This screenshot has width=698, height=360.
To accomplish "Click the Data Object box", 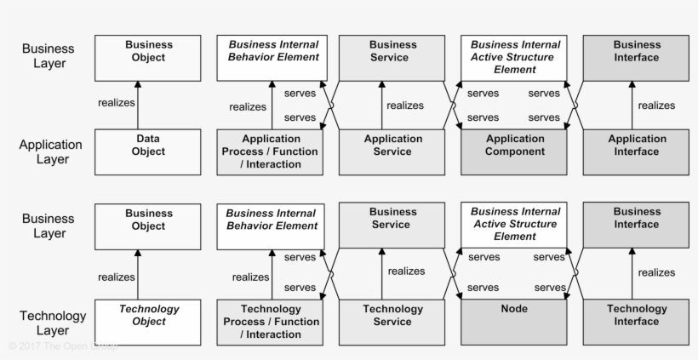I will (x=148, y=151).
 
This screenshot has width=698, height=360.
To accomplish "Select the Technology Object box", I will (x=148, y=322).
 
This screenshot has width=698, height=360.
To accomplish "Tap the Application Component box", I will (x=513, y=151).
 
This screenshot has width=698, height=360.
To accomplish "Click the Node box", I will (x=513, y=322).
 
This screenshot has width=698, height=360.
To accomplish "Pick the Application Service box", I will (x=392, y=151).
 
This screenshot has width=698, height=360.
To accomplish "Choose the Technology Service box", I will (x=392, y=322).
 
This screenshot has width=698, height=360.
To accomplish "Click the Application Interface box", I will (x=636, y=151).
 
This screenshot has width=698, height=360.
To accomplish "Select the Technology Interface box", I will (x=636, y=322).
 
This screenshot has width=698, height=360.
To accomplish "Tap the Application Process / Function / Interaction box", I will (x=270, y=151).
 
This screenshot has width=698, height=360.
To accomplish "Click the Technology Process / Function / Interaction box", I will (x=270, y=322).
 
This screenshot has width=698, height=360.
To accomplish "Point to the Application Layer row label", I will (x=50, y=151).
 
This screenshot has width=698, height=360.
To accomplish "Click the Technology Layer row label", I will (x=50, y=323).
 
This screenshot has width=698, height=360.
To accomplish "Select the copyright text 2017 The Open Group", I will (x=63, y=346).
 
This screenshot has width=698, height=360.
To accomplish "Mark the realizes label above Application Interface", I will (x=655, y=106).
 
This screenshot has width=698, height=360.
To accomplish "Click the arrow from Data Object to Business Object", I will (x=138, y=106).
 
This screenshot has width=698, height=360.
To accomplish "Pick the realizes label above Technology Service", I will (x=406, y=271).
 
